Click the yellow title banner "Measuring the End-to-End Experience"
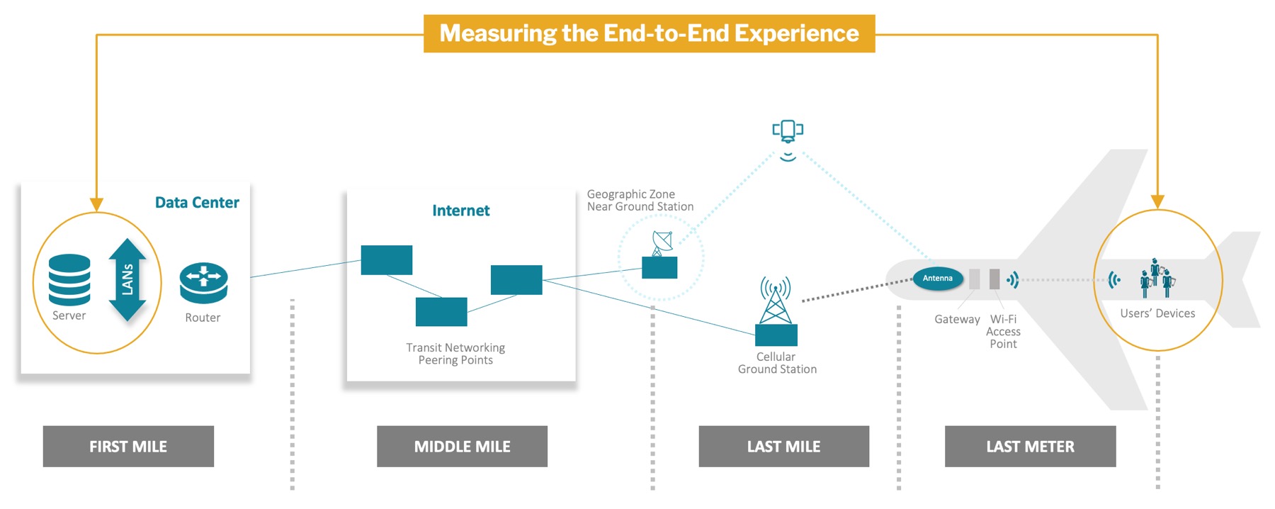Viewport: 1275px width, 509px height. tap(649, 33)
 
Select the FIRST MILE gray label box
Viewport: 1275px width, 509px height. tap(128, 446)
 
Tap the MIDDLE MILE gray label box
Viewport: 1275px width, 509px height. tap(462, 446)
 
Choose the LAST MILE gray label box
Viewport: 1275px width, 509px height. tap(783, 446)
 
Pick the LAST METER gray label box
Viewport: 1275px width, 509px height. tap(1030, 446)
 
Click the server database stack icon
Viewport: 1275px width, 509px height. tap(69, 279)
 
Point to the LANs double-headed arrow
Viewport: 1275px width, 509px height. tap(127, 280)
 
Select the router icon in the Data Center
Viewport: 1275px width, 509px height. tap(203, 283)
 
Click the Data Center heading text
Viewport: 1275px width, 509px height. tap(197, 203)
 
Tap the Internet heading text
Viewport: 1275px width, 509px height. tap(460, 211)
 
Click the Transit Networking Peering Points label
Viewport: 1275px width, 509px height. tap(455, 354)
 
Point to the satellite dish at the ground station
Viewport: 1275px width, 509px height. tap(662, 243)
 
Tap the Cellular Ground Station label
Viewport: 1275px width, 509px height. tap(777, 363)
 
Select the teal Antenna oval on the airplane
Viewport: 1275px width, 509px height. tap(938, 279)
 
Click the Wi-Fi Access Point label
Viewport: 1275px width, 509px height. tap(1003, 332)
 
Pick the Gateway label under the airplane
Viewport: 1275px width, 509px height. tap(957, 320)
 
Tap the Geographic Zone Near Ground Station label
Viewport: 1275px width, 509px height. tap(640, 201)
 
